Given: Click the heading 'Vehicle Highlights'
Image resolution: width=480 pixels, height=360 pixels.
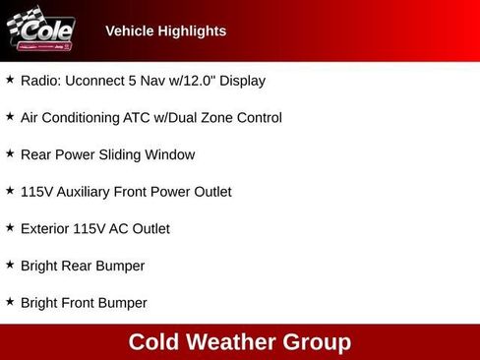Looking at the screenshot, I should click(165, 31).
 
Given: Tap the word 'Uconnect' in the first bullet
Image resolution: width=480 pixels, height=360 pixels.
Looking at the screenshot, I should click(95, 81).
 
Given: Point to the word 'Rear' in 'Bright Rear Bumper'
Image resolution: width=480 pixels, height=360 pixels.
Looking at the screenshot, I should click(81, 266).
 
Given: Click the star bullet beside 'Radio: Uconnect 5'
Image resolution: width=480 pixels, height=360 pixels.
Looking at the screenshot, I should click(10, 80).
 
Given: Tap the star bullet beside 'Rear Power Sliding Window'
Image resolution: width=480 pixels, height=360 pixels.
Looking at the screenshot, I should click(10, 153).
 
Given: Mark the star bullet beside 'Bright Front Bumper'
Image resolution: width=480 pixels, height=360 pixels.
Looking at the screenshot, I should click(10, 302).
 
